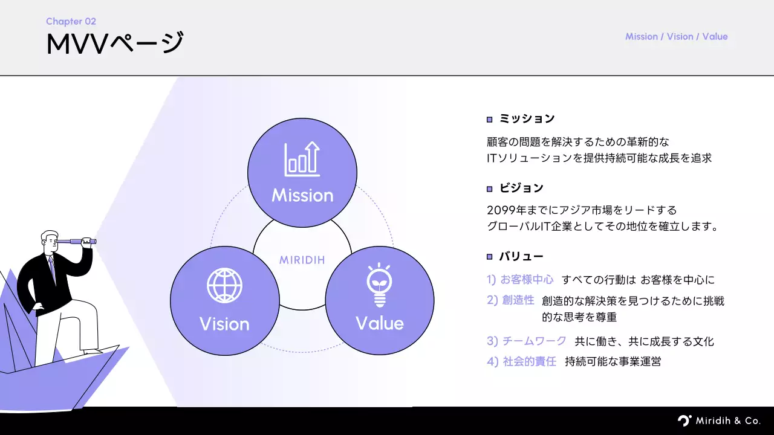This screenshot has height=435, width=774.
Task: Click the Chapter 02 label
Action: click(71, 21)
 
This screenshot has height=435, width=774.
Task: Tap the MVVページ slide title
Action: click(115, 44)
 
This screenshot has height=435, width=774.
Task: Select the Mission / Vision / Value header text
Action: click(676, 36)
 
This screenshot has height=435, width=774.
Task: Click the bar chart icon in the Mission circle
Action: click(302, 159)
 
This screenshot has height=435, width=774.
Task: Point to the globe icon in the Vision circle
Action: click(224, 285)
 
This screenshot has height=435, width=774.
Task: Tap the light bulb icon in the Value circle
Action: click(379, 286)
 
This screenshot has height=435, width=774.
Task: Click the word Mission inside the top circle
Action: click(302, 195)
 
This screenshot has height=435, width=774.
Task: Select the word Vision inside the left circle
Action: click(224, 324)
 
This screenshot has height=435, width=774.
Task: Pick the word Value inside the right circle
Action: click(379, 323)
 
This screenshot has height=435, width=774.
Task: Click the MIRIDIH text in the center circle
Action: click(302, 260)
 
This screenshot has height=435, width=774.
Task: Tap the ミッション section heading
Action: click(527, 119)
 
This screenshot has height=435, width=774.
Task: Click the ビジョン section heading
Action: click(521, 188)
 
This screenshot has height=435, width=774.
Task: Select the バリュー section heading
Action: click(521, 257)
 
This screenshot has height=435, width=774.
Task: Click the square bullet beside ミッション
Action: click(490, 120)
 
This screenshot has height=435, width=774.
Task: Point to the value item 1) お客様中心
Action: click(520, 280)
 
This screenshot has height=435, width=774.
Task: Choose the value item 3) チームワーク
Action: click(527, 341)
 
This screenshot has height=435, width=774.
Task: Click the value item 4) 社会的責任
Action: click(521, 362)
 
